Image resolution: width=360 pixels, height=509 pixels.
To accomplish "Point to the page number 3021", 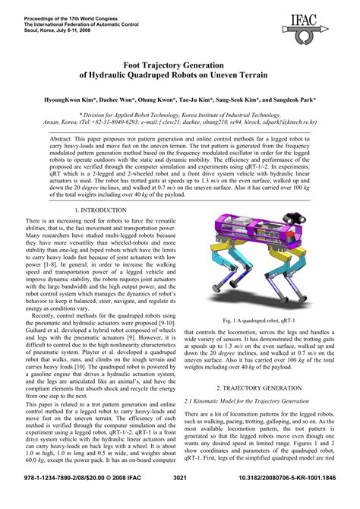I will coord(179,498).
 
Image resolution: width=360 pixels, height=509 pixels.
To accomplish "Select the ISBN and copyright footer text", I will coord(66,498).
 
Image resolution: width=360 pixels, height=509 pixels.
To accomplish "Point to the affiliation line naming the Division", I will coord(179,112).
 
